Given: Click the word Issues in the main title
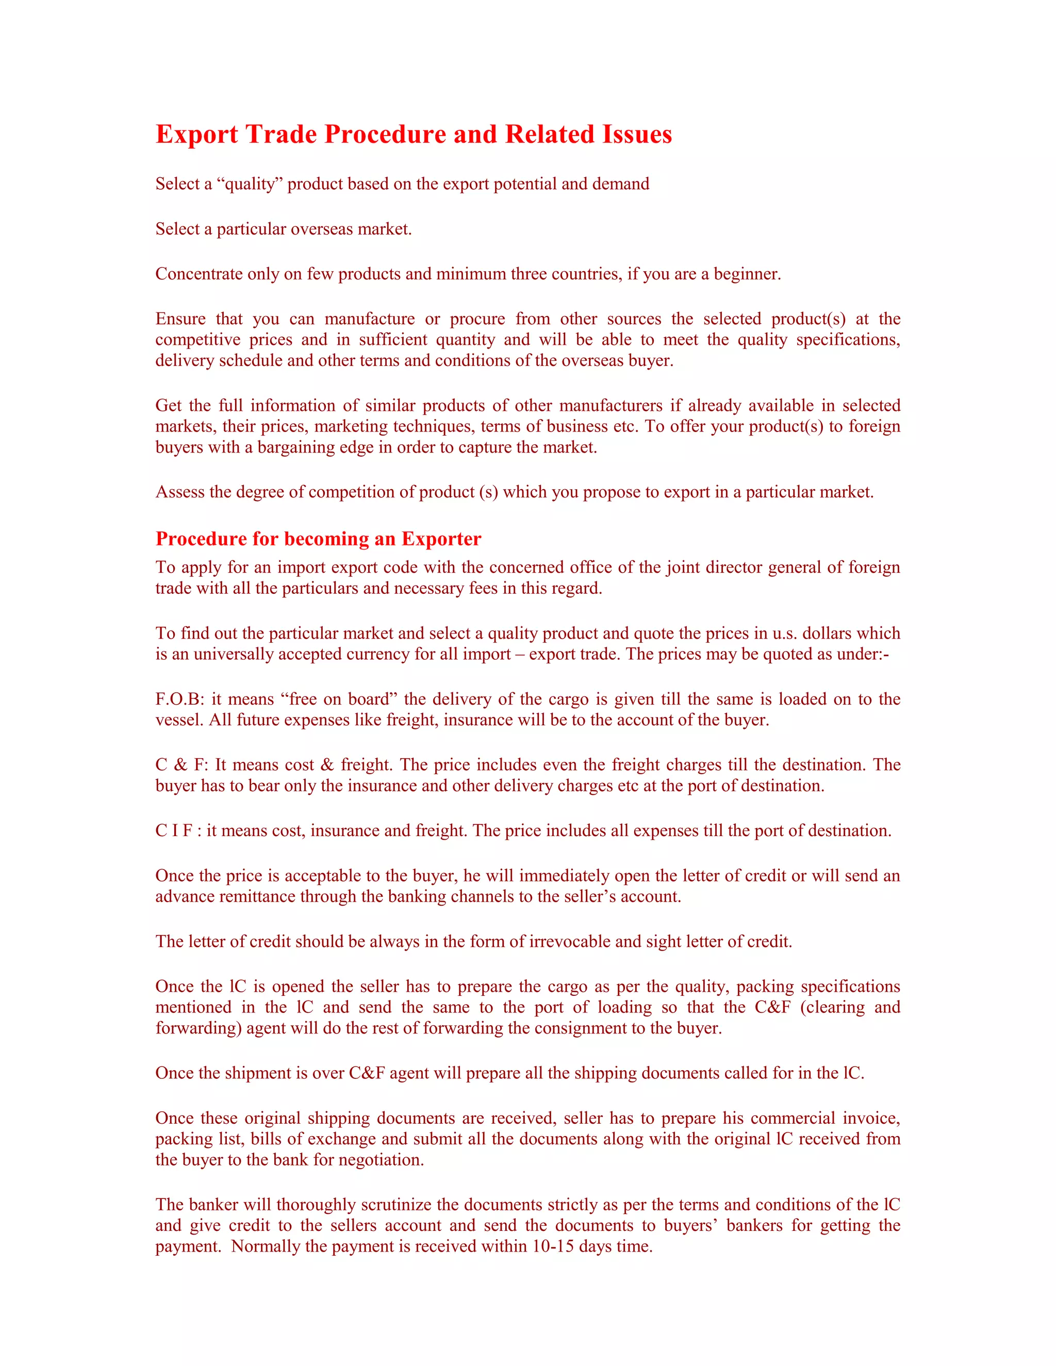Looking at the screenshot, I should coord(637,135).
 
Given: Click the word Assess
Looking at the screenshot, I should coord(180,492).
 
